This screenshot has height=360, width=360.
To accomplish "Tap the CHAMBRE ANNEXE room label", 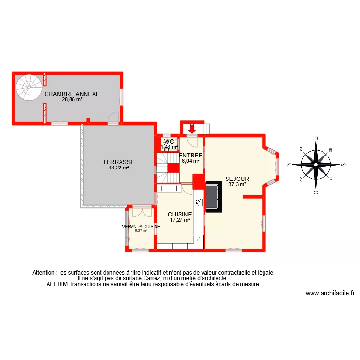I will tap(72, 94).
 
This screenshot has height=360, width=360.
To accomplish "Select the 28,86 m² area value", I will tap(72, 100).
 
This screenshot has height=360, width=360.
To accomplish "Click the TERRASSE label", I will tap(118, 162).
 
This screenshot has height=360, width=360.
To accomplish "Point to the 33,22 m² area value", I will tap(118, 168).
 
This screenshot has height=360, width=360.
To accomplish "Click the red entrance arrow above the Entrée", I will tap(192, 129).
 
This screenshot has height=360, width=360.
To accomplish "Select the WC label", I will tap(168, 142).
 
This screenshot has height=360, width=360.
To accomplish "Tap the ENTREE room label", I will tap(190, 156).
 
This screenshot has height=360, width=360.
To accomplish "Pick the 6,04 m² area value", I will tap(190, 161).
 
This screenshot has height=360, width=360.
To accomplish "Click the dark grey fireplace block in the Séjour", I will tap(214, 197).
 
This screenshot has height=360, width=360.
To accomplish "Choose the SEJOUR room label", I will tap(237, 179).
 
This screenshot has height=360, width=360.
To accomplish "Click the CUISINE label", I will tap(180, 215).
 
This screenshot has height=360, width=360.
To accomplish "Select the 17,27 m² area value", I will tap(180, 220).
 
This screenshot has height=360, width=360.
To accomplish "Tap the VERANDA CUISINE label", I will tap(141, 226).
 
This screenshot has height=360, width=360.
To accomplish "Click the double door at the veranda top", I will tap(141, 207).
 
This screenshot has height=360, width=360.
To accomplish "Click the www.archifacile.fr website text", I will tap(330, 293).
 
